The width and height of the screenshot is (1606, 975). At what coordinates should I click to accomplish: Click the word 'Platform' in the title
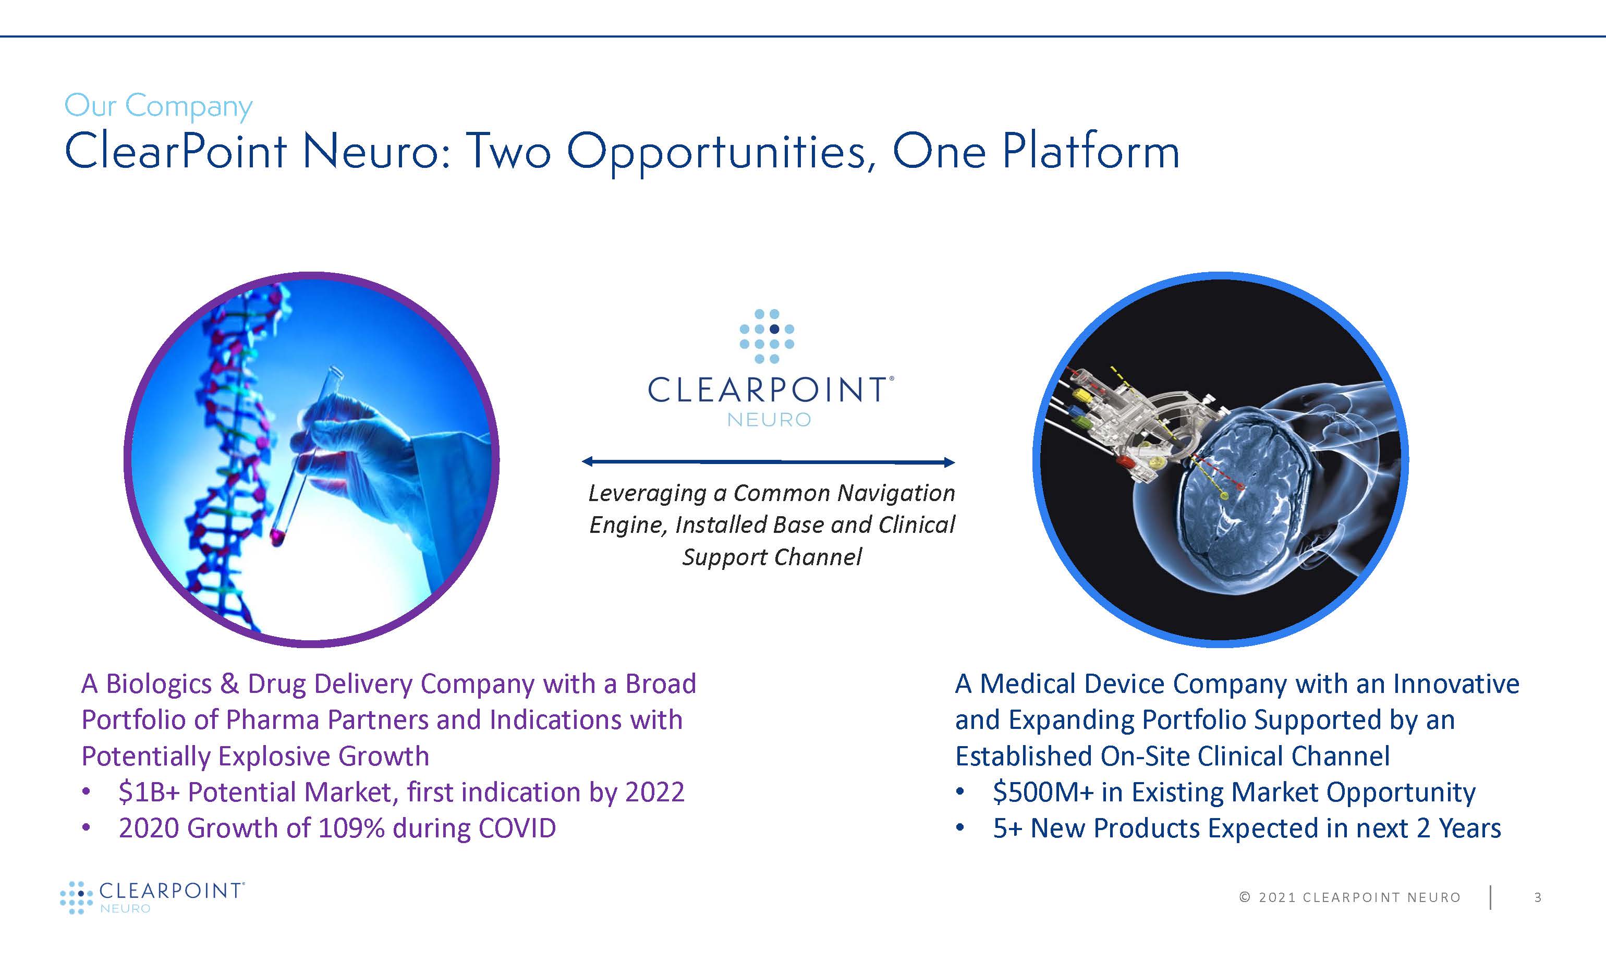coord(1090,151)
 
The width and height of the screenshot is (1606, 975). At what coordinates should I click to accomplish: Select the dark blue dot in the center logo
coord(774,329)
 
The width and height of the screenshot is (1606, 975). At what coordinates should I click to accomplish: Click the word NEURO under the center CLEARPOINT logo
coord(769,420)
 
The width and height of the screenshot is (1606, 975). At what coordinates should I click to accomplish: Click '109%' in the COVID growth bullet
coord(351,828)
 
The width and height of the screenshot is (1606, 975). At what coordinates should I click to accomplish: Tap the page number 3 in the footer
coord(1538,897)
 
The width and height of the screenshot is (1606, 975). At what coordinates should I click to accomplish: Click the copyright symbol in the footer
coord(1245,897)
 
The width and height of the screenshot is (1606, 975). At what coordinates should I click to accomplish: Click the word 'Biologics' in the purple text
coord(159,684)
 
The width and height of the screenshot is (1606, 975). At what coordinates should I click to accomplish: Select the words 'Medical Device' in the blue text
coord(1073,684)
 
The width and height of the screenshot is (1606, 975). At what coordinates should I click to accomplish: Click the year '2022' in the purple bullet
coord(655,793)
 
